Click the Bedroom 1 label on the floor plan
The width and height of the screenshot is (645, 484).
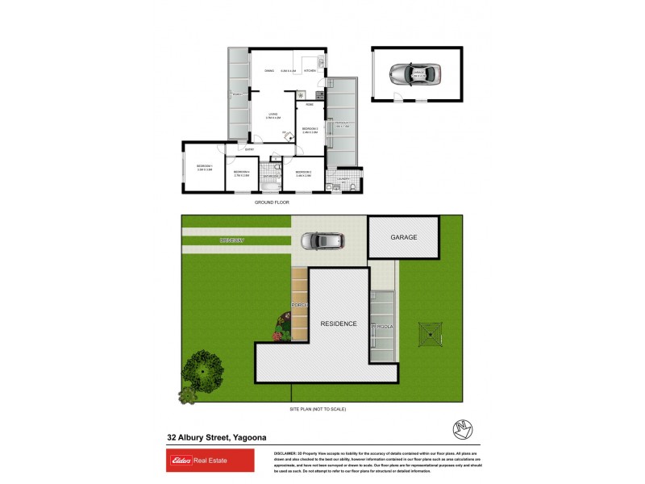coord(204,167)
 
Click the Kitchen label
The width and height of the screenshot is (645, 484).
coord(310,71)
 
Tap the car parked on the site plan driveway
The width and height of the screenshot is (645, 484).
coord(322,240)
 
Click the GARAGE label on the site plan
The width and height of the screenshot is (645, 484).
coord(404,237)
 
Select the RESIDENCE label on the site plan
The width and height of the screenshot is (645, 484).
coord(339,323)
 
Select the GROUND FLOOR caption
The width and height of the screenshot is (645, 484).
coord(272,202)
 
